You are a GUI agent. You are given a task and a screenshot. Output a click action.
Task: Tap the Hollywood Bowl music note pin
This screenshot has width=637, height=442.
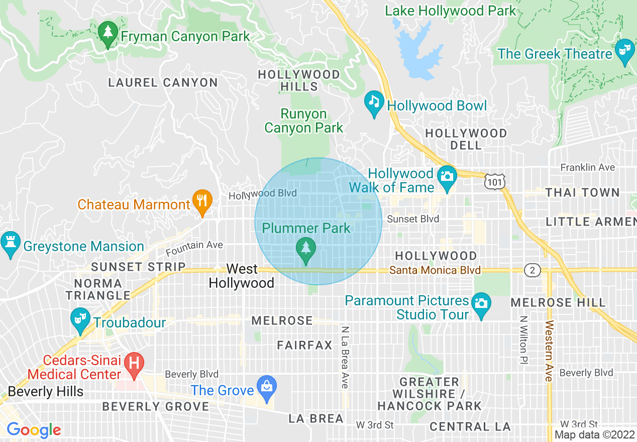click(374, 102)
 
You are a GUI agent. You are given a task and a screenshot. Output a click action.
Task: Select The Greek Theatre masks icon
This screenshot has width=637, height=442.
click(624, 51)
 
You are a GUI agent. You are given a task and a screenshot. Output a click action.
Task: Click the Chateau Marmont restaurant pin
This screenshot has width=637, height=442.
click(202, 201)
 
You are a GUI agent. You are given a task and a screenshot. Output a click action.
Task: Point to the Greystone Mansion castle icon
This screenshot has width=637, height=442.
click(10, 243)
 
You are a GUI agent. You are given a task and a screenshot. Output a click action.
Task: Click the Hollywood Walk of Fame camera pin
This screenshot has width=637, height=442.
click(447, 177)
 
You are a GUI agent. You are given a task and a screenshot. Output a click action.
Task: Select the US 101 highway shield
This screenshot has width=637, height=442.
click(495, 182)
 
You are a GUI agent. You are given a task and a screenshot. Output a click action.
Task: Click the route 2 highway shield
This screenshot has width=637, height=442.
click(532, 270)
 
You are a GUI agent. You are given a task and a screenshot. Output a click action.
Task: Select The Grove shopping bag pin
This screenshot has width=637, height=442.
click(266, 387)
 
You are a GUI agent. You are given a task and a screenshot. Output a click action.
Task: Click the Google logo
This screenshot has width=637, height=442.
click(34, 430)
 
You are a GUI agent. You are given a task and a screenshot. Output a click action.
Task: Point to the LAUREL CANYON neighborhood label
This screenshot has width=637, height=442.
click(163, 83)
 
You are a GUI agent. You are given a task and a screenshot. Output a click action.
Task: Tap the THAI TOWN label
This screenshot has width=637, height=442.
click(582, 193)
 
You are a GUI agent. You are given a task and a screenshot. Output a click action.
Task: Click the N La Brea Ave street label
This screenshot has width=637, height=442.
click(345, 357)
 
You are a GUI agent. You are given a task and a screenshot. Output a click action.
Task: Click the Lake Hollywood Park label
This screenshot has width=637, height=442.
click(450, 11)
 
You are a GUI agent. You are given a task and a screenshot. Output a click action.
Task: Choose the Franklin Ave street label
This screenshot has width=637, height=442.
click(587, 167)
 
